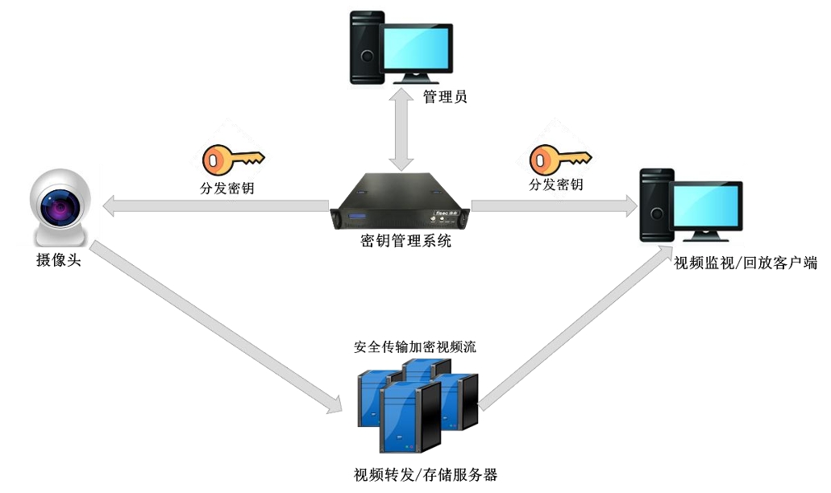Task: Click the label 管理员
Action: tap(445, 97)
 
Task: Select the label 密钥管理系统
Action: tap(401, 241)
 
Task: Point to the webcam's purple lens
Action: tap(61, 210)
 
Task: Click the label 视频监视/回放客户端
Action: tap(746, 263)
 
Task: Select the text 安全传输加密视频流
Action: tap(415, 348)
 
